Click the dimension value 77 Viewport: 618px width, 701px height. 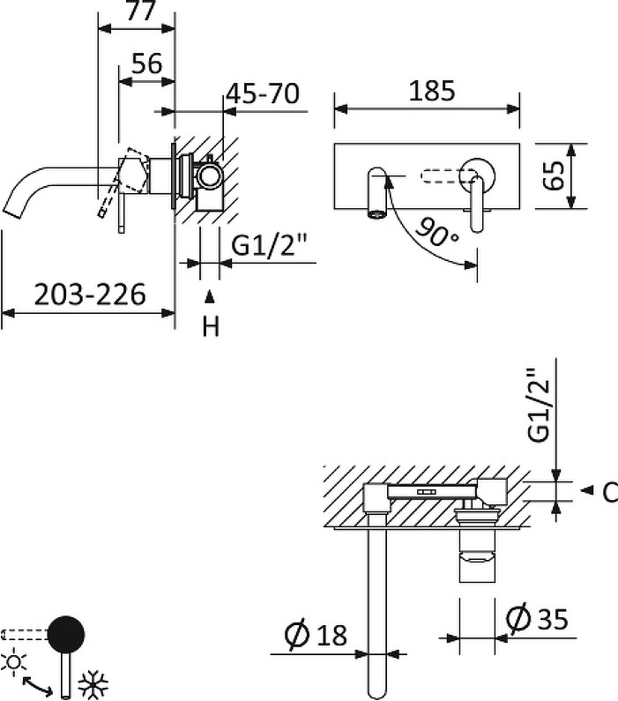tap(140, 10)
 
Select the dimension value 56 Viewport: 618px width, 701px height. tap(147, 63)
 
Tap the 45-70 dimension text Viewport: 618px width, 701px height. tap(263, 93)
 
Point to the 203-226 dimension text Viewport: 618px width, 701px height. tap(90, 295)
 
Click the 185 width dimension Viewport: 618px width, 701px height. tap(432, 91)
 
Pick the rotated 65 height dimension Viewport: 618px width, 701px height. tap(555, 175)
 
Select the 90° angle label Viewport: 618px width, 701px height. tap(436, 233)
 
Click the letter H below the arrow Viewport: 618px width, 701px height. tap(211, 326)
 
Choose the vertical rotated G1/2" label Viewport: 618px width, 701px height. tap(538, 406)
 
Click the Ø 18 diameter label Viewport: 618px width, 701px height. tap(316, 634)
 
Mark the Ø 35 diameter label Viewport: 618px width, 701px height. tap(537, 619)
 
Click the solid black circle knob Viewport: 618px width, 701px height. tap(66, 634)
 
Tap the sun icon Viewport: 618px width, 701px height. tap(13, 661)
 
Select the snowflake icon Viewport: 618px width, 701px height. tap(93, 684)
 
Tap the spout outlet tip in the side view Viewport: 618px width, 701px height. tap(11, 212)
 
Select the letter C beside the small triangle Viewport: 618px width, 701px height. tap(610, 492)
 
